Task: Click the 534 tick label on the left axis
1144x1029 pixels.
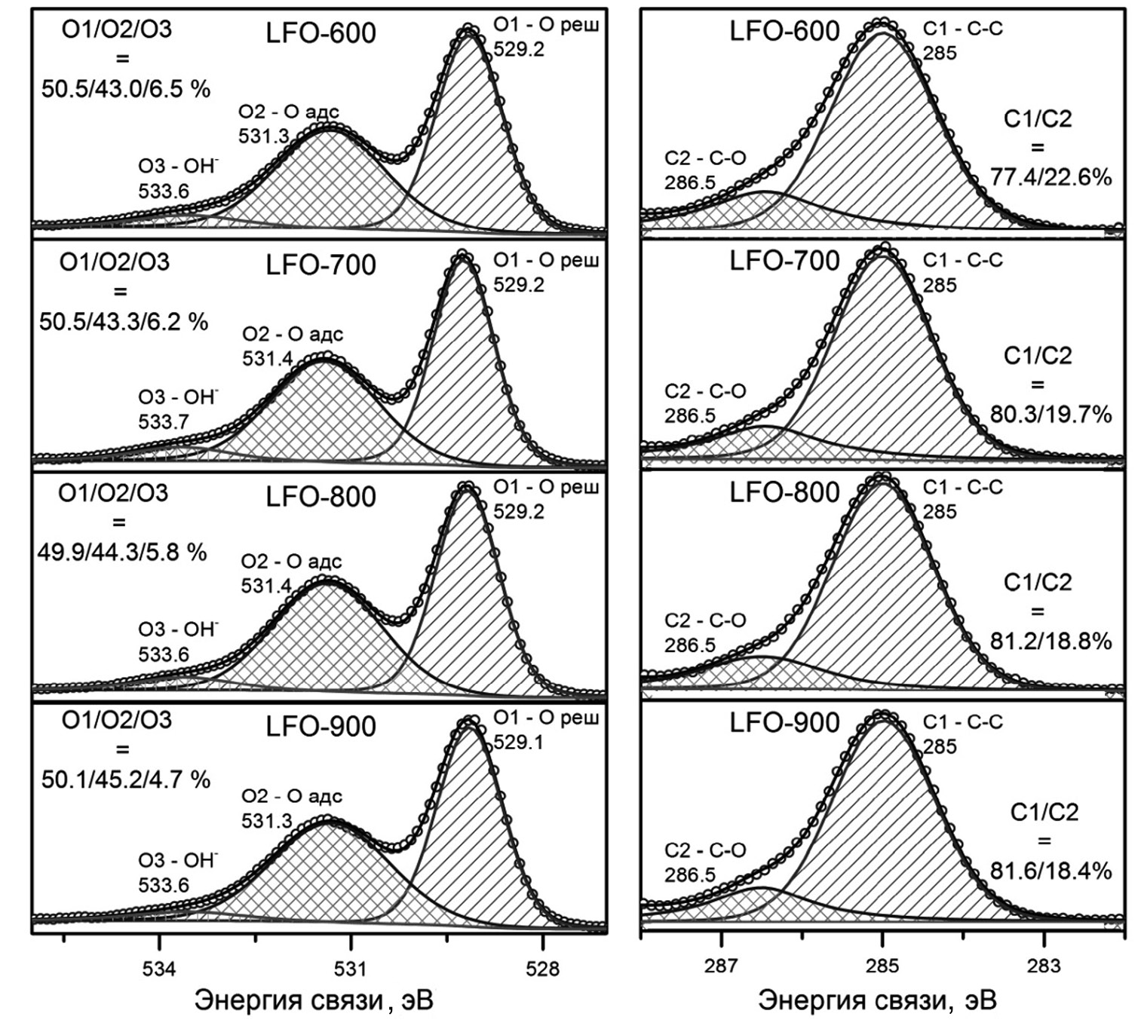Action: pyautogui.click(x=159, y=969)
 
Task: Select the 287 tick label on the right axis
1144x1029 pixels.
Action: pyautogui.click(x=722, y=966)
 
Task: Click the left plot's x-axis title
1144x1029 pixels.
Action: pyautogui.click(x=314, y=1001)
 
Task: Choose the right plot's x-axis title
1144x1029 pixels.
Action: pyautogui.click(x=877, y=1001)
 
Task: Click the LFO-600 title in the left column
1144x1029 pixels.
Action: pyautogui.click(x=321, y=34)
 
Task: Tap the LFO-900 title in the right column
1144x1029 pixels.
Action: pyautogui.click(x=784, y=724)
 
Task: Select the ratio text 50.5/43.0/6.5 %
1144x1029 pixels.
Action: pyautogui.click(x=126, y=89)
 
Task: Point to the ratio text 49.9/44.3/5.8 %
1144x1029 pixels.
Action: pyautogui.click(x=122, y=553)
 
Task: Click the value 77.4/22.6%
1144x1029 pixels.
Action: pyautogui.click(x=1050, y=178)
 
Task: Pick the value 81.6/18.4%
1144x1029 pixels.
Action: pyautogui.click(x=1050, y=871)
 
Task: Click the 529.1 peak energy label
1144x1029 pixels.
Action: pyautogui.click(x=518, y=743)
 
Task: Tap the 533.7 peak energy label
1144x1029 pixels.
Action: pyautogui.click(x=164, y=421)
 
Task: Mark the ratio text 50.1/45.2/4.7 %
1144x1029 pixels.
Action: pyautogui.click(x=126, y=779)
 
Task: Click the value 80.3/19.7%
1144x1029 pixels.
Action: pyautogui.click(x=1050, y=415)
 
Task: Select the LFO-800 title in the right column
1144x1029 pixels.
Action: pyautogui.click(x=784, y=493)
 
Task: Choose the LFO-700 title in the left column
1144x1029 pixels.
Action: pyautogui.click(x=321, y=266)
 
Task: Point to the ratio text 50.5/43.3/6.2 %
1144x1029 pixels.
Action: pyautogui.click(x=124, y=322)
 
